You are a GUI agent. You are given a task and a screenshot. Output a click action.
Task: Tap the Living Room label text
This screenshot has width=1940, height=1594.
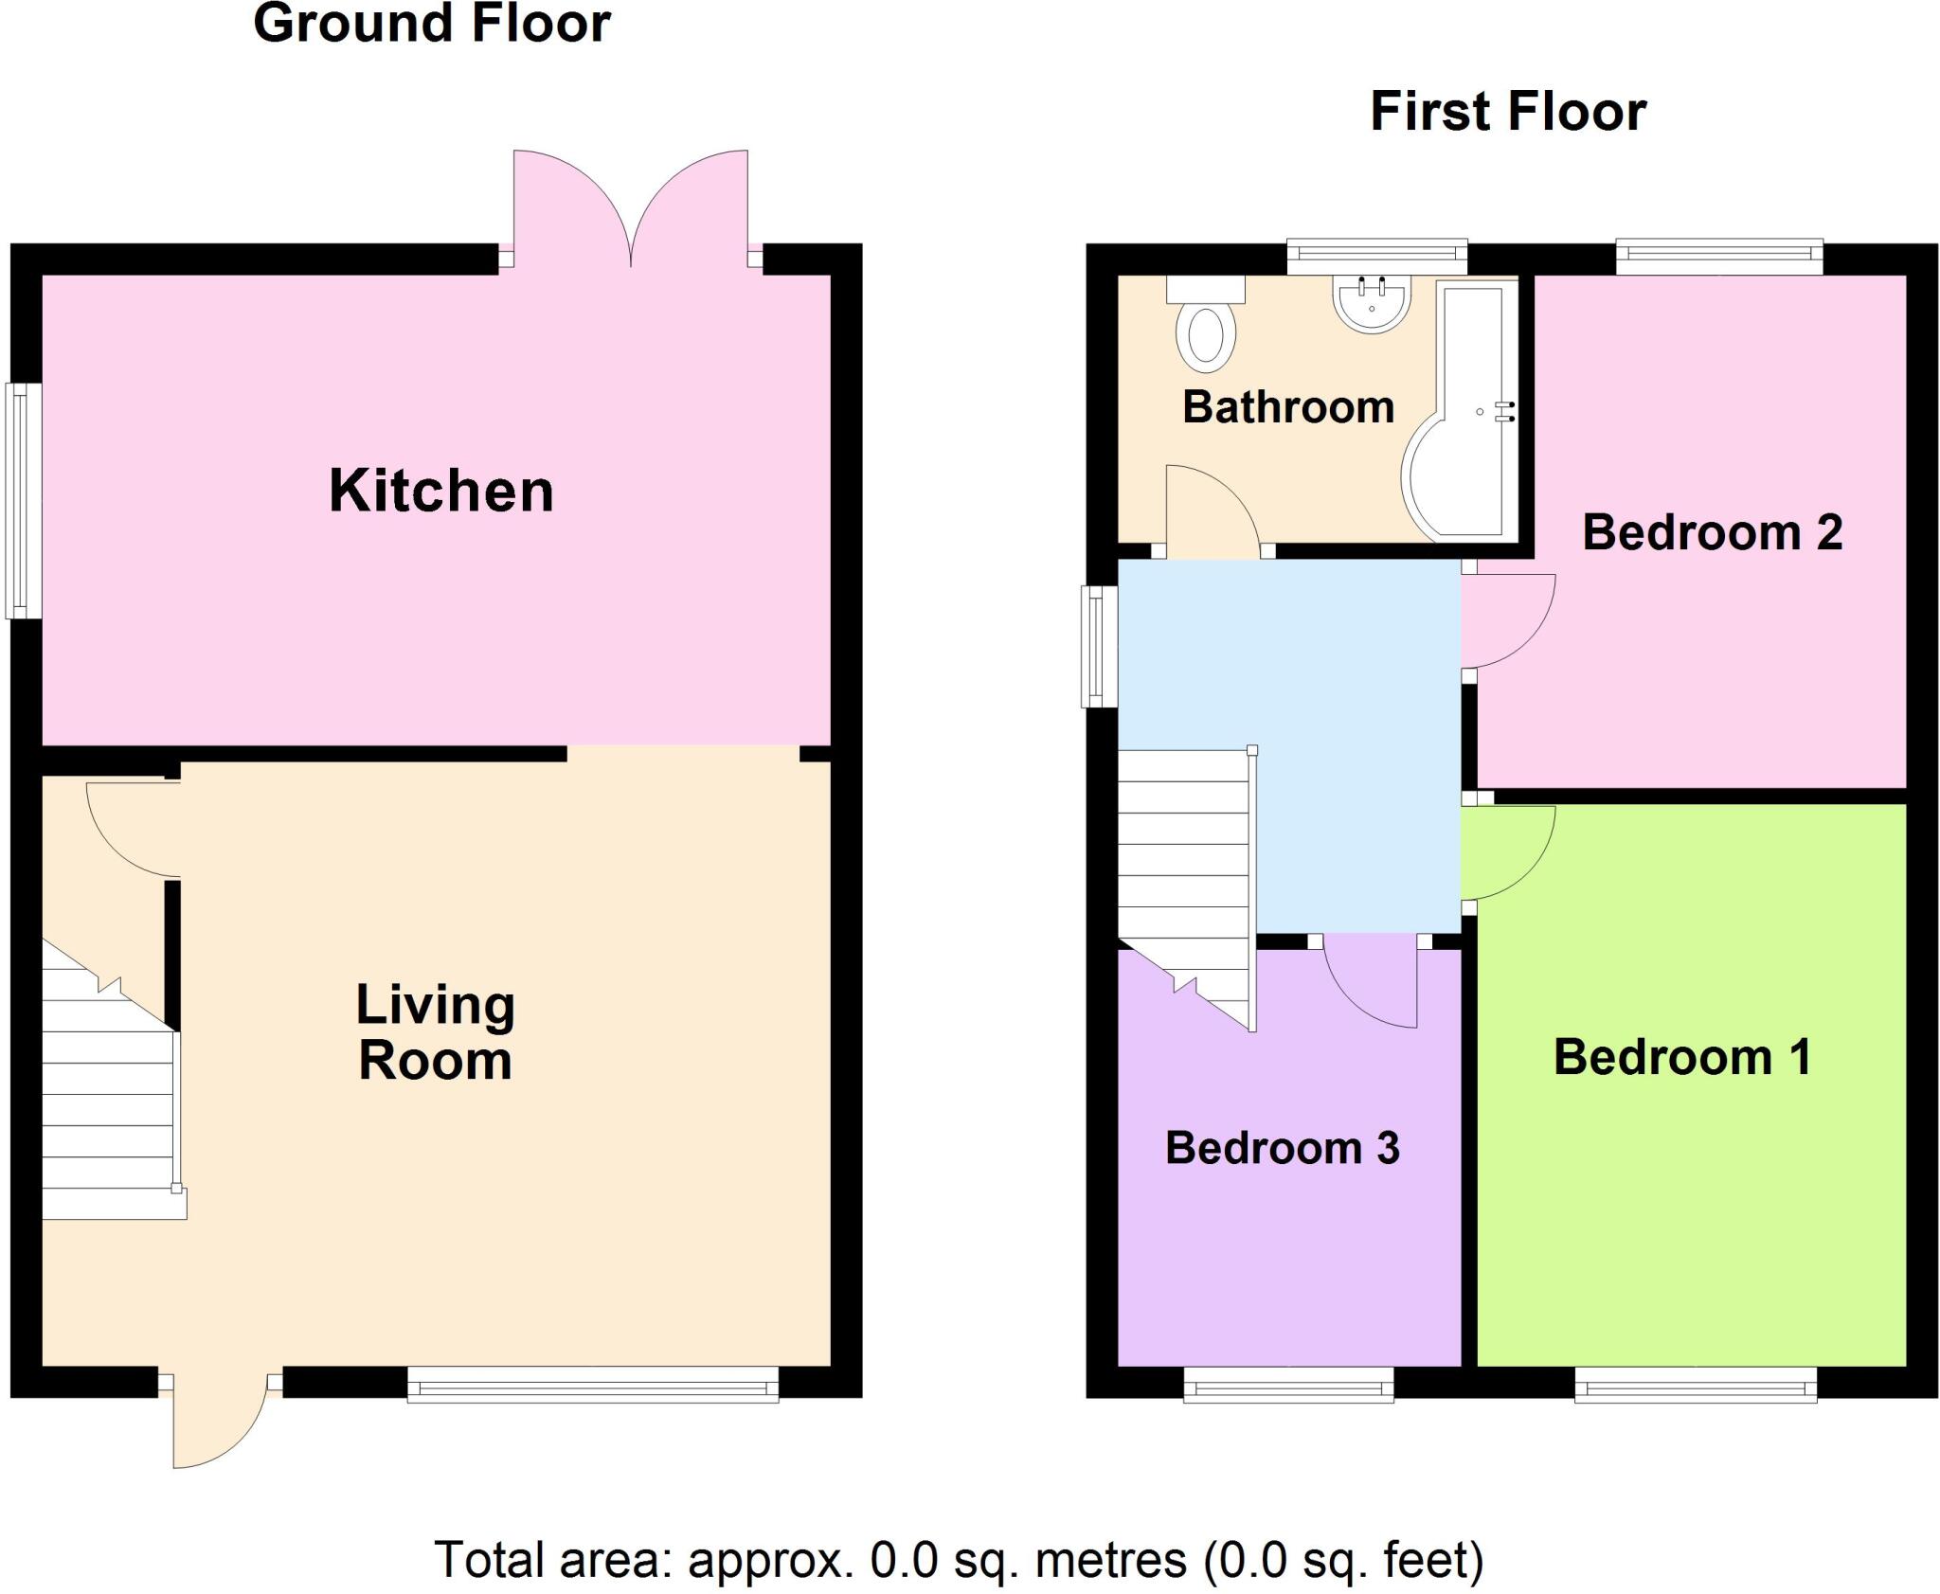pyautogui.click(x=435, y=1032)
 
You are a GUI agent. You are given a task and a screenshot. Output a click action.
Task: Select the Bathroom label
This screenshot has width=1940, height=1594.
pyautogui.click(x=1288, y=407)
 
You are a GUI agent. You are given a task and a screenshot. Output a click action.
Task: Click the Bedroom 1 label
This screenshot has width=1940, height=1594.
pyautogui.click(x=1682, y=1057)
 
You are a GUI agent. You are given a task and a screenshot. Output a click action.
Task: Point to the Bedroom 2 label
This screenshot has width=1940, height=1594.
pyautogui.click(x=1712, y=532)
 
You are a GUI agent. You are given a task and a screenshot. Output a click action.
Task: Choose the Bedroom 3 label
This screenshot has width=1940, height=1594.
pyautogui.click(x=1282, y=1148)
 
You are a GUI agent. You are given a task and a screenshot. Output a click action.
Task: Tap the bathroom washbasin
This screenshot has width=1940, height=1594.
pyautogui.click(x=1372, y=300)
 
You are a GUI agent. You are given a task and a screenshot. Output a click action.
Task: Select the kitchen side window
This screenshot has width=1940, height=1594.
pyautogui.click(x=24, y=500)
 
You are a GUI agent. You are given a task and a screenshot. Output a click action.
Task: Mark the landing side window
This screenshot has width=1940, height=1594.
pyautogui.click(x=1099, y=646)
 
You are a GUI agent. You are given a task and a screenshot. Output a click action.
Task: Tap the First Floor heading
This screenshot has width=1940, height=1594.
pyautogui.click(x=1508, y=112)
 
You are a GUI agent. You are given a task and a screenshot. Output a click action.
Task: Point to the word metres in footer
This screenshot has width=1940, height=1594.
pyautogui.click(x=1111, y=1560)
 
